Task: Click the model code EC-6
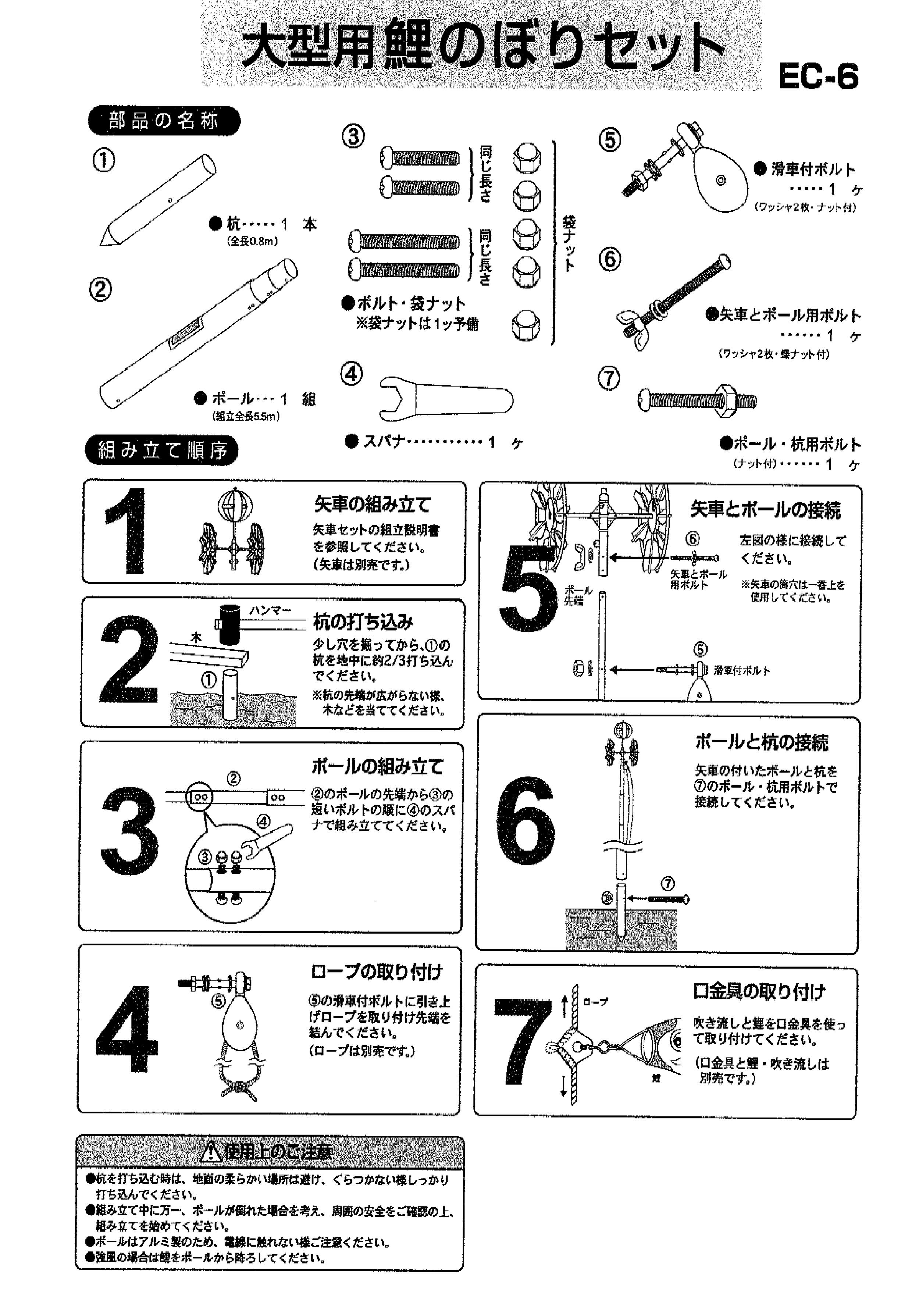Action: click(x=818, y=76)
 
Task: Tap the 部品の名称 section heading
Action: click(x=164, y=121)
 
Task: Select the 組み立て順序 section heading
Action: click(x=162, y=450)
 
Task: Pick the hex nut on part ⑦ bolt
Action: click(x=728, y=400)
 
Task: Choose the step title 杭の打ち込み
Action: click(x=363, y=622)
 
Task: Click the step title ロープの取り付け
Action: click(x=377, y=972)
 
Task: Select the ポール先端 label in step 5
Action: click(x=578, y=596)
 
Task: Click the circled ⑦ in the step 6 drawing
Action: click(x=667, y=884)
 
